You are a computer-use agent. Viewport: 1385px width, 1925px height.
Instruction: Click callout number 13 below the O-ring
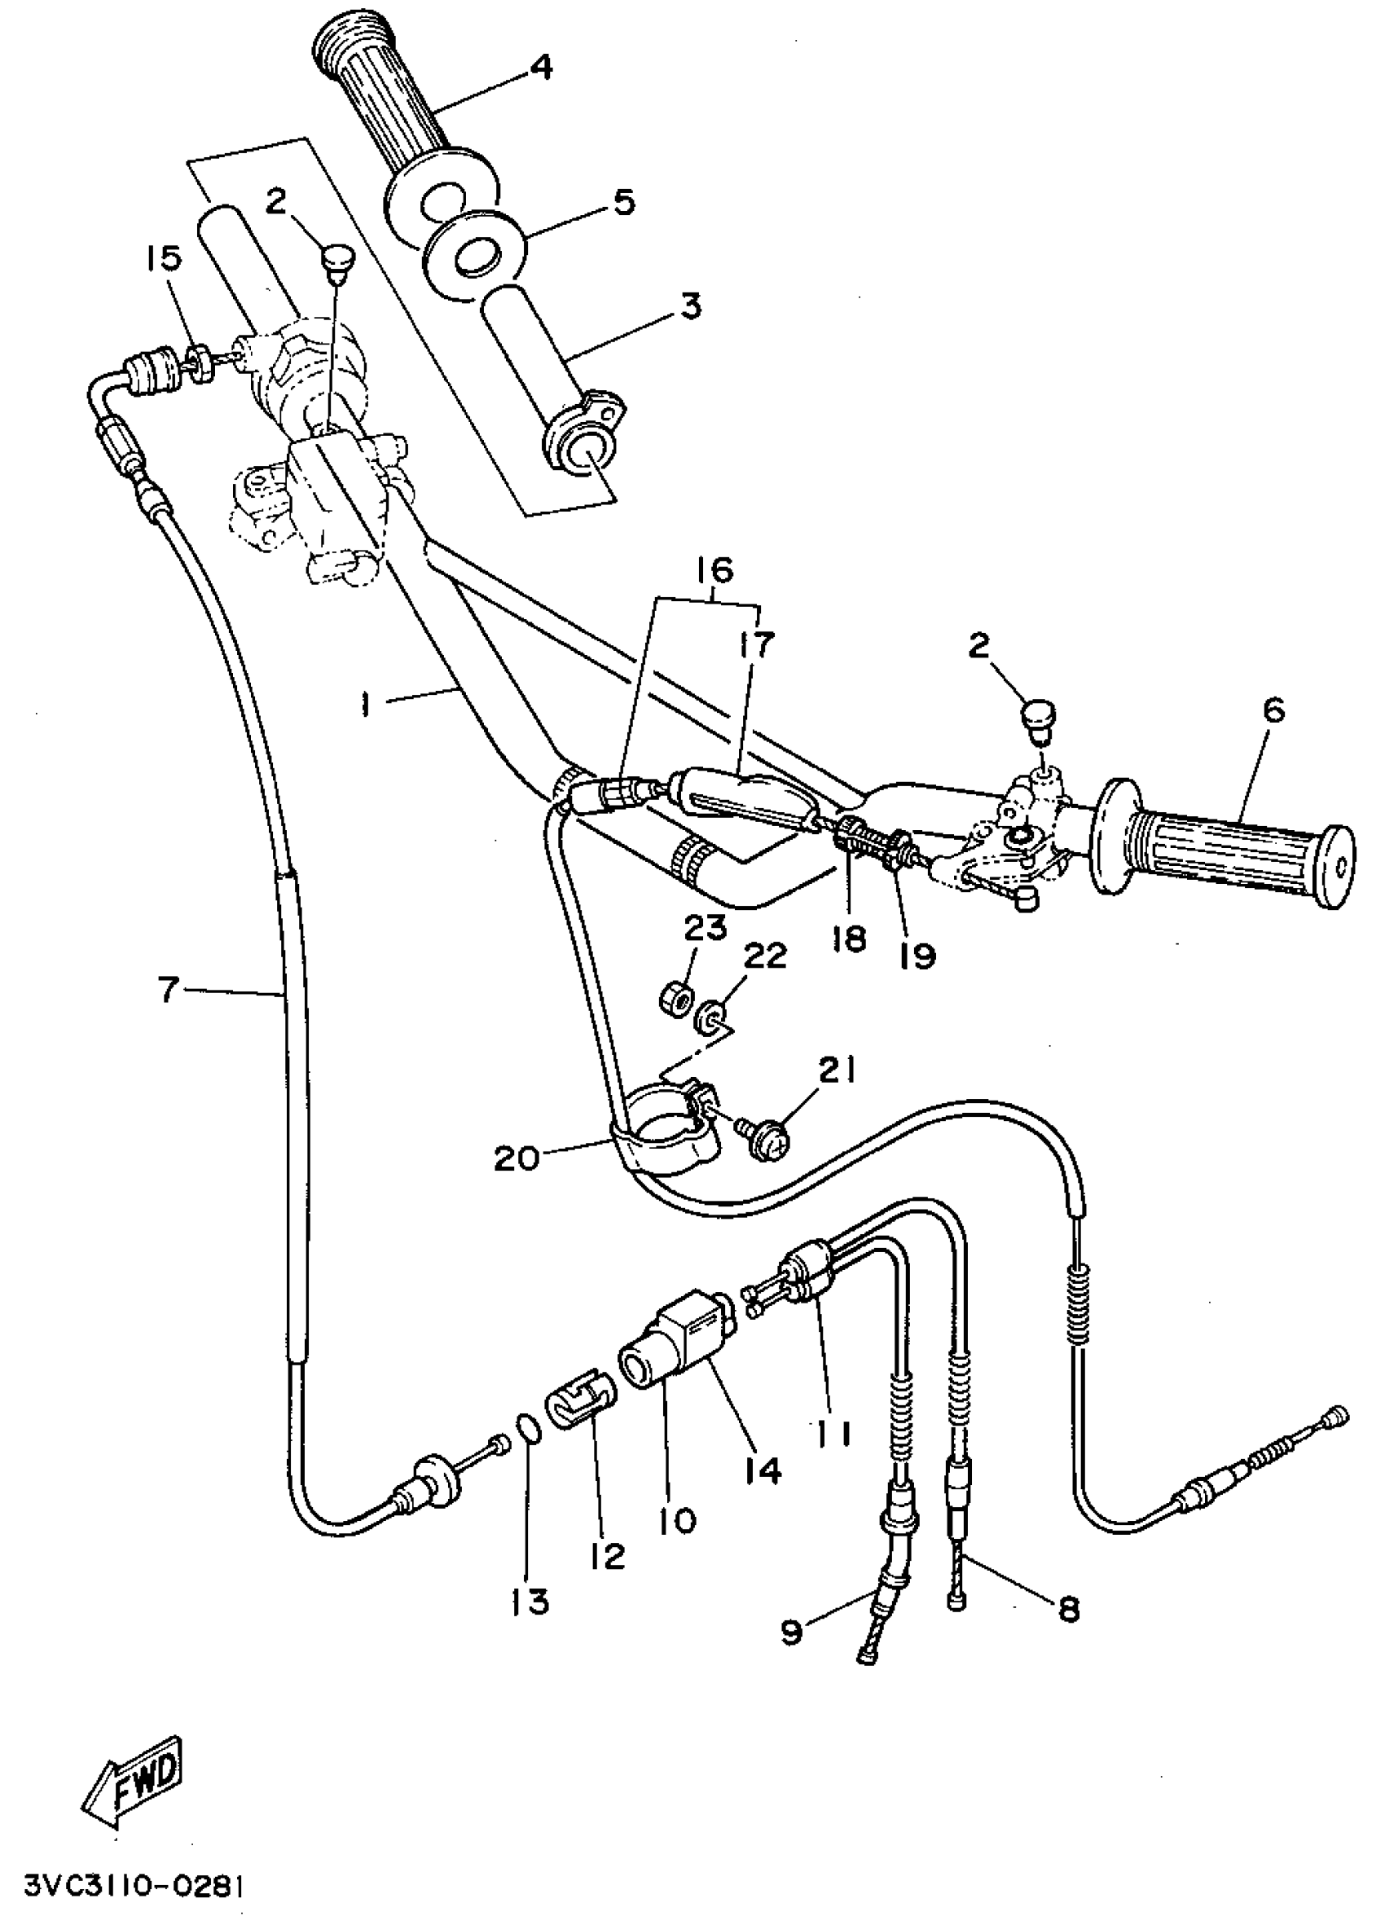530,1601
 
